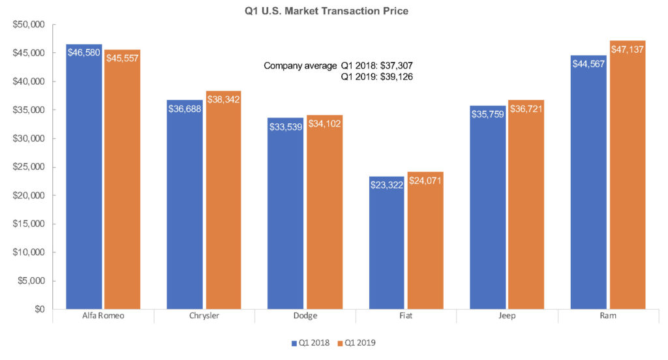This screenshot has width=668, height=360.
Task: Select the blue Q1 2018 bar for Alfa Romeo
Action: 84,183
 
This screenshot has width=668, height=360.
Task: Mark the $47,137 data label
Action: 628,50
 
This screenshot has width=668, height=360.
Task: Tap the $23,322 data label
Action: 387,185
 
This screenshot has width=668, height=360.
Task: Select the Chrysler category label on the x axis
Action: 204,316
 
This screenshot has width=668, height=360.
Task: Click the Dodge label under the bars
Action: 305,316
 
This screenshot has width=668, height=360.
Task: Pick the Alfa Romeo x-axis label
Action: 103,316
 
